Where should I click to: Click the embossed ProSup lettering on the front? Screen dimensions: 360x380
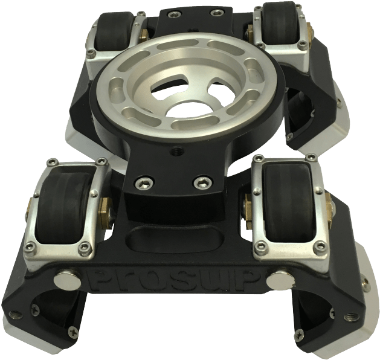point(178,280)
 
